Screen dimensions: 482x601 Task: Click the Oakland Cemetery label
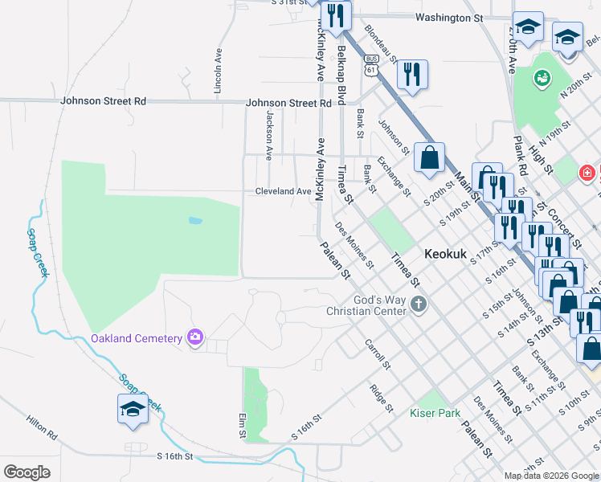(x=137, y=338)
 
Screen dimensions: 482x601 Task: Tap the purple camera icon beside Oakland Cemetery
(x=194, y=338)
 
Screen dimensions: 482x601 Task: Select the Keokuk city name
(x=445, y=251)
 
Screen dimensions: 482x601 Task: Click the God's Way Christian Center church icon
(x=417, y=304)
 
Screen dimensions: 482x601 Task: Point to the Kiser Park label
(x=435, y=413)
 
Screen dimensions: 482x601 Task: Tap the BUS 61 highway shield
(x=370, y=64)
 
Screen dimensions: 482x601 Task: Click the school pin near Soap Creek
(x=133, y=410)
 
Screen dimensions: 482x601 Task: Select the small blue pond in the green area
(x=195, y=219)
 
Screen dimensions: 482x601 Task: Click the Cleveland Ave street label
(x=283, y=191)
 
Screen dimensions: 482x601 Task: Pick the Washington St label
(x=449, y=17)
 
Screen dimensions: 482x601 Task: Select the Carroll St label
(x=377, y=353)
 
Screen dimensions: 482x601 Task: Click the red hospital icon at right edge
(x=587, y=172)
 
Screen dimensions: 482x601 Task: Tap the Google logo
(x=27, y=472)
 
